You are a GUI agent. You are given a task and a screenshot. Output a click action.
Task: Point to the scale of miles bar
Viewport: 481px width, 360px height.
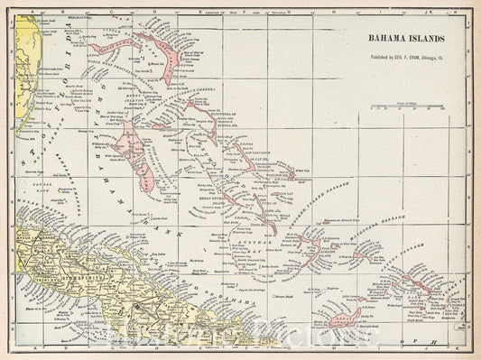coord(405,106)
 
